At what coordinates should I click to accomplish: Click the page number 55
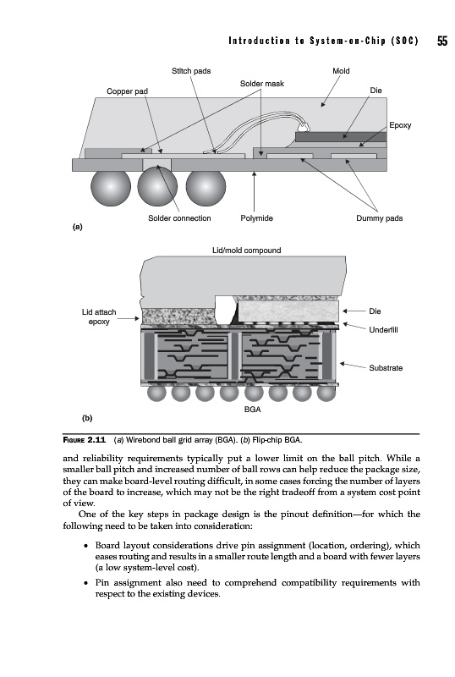pyautogui.click(x=442, y=41)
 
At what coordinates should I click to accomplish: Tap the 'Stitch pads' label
pyautogui.click(x=191, y=71)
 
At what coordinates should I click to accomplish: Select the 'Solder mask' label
pyautogui.click(x=262, y=83)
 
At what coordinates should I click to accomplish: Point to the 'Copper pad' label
pyautogui.click(x=128, y=91)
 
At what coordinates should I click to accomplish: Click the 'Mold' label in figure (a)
pyautogui.click(x=341, y=71)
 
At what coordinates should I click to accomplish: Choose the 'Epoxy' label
pyautogui.click(x=400, y=125)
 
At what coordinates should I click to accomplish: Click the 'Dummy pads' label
pyautogui.click(x=380, y=218)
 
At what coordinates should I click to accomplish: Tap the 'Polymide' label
pyautogui.click(x=257, y=218)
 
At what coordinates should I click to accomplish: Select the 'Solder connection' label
pyautogui.click(x=179, y=218)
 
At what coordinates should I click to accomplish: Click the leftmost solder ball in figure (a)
pyautogui.click(x=111, y=187)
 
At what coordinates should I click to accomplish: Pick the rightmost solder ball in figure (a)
pyautogui.click(x=206, y=187)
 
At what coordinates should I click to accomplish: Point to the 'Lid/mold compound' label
pyautogui.click(x=246, y=250)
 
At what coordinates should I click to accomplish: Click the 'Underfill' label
pyautogui.click(x=383, y=330)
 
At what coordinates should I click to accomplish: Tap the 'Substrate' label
pyautogui.click(x=386, y=368)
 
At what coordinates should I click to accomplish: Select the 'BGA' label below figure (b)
pyautogui.click(x=253, y=410)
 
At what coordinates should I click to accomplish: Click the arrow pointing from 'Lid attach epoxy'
pyautogui.click(x=129, y=319)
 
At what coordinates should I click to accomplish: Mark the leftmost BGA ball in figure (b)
pyautogui.click(x=156, y=393)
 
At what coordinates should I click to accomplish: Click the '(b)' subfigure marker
pyautogui.click(x=87, y=418)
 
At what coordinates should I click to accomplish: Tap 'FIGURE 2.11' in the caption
pyautogui.click(x=85, y=440)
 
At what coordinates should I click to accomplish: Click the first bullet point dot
pyautogui.click(x=86, y=546)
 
